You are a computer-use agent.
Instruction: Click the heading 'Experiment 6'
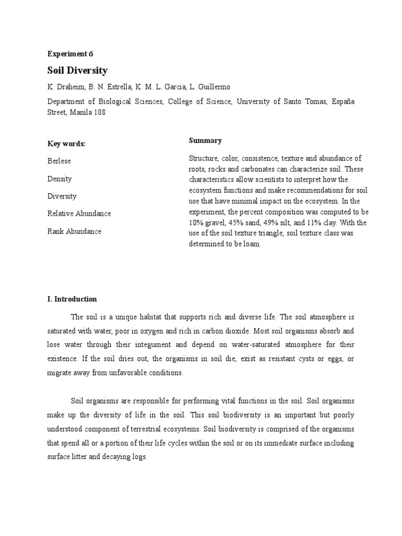click(70, 53)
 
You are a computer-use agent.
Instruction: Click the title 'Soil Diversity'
click(77, 70)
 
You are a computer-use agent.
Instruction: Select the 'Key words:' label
click(66, 144)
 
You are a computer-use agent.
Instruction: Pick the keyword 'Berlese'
click(59, 161)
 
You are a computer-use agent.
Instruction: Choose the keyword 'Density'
click(60, 179)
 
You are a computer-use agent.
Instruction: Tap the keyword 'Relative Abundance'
click(79, 214)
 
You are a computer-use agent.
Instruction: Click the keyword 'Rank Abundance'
click(74, 231)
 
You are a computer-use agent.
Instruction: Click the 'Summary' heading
click(205, 140)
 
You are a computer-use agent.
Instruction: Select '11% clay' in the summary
click(328, 222)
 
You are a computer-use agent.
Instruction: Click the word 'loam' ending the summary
click(250, 244)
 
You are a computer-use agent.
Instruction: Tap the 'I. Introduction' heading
click(72, 299)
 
